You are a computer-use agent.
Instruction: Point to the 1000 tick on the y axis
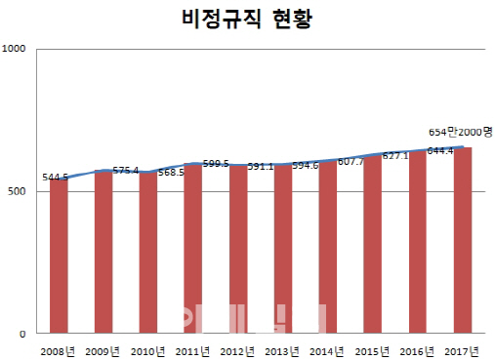(x=17, y=48)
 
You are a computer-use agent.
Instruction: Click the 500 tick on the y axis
(x=19, y=191)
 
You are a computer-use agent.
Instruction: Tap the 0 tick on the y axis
(x=25, y=334)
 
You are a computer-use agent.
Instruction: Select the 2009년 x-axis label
(x=104, y=349)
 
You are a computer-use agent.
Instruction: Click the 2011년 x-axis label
(x=193, y=349)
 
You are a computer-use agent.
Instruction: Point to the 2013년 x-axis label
(x=282, y=349)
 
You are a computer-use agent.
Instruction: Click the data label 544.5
(x=56, y=178)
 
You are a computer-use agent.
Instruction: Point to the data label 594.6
(x=306, y=166)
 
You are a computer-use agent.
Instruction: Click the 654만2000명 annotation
(x=460, y=132)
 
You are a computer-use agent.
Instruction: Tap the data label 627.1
(x=394, y=156)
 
